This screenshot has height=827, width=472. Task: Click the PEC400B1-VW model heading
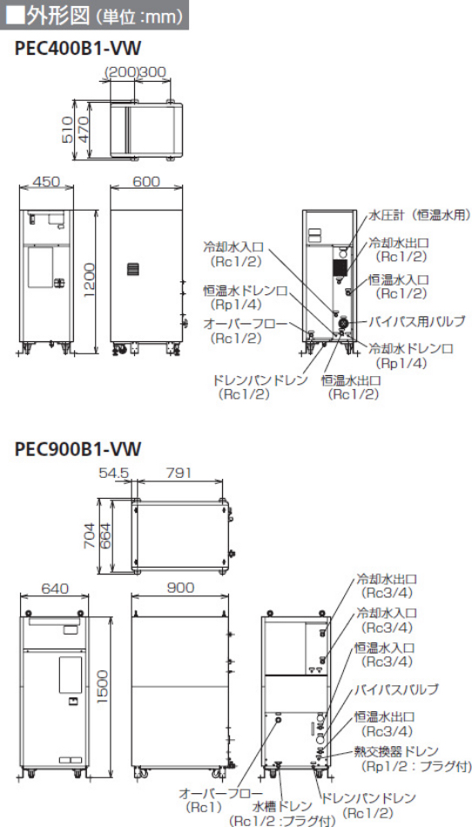(78, 49)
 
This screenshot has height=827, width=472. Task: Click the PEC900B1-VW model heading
(78, 449)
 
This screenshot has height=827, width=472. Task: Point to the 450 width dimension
(46, 181)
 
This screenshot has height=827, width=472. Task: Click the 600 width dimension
(146, 181)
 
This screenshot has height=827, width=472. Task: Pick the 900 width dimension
(180, 587)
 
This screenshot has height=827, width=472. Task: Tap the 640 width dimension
(54, 588)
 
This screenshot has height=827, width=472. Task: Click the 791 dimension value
(179, 473)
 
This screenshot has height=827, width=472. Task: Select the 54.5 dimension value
(113, 473)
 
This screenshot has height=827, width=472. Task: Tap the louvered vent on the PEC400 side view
(134, 270)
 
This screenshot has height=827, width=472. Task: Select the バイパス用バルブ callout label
(417, 320)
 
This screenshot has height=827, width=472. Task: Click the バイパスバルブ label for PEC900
(396, 689)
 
